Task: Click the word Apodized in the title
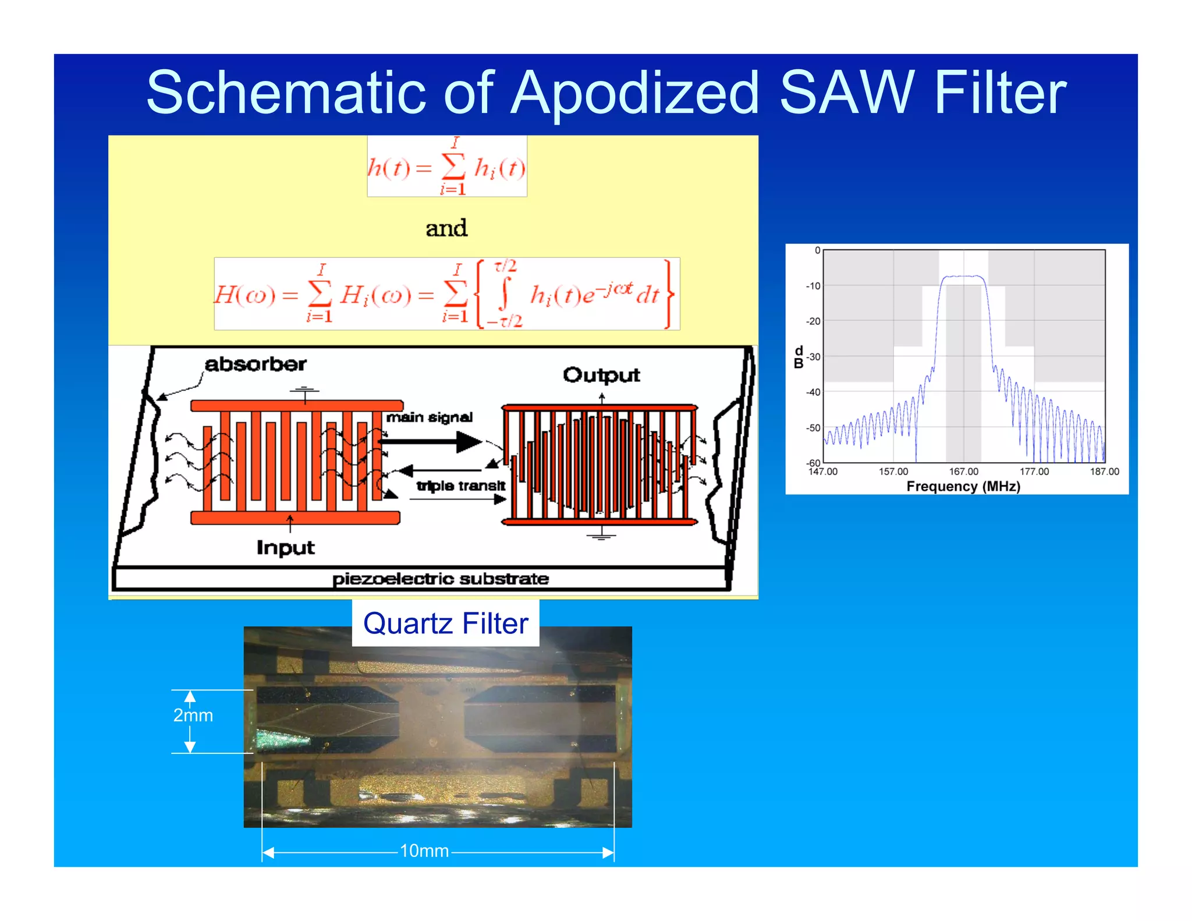point(634,93)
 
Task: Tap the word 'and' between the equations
point(446,228)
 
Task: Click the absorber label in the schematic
point(256,364)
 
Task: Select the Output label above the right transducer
point(601,375)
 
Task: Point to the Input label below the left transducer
point(285,548)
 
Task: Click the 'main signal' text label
point(430,417)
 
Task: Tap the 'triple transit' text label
point(461,486)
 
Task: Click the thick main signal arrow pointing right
point(431,442)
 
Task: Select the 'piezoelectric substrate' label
point(441,579)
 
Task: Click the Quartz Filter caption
point(445,624)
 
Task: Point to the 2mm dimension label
point(193,715)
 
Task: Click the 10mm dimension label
point(424,851)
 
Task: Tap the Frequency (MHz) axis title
point(963,486)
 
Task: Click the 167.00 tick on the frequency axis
point(964,472)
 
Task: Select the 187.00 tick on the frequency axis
point(1104,472)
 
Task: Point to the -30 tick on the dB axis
point(813,357)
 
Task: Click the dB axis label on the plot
point(799,357)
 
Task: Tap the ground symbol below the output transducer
point(601,535)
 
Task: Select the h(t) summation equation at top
point(447,167)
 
